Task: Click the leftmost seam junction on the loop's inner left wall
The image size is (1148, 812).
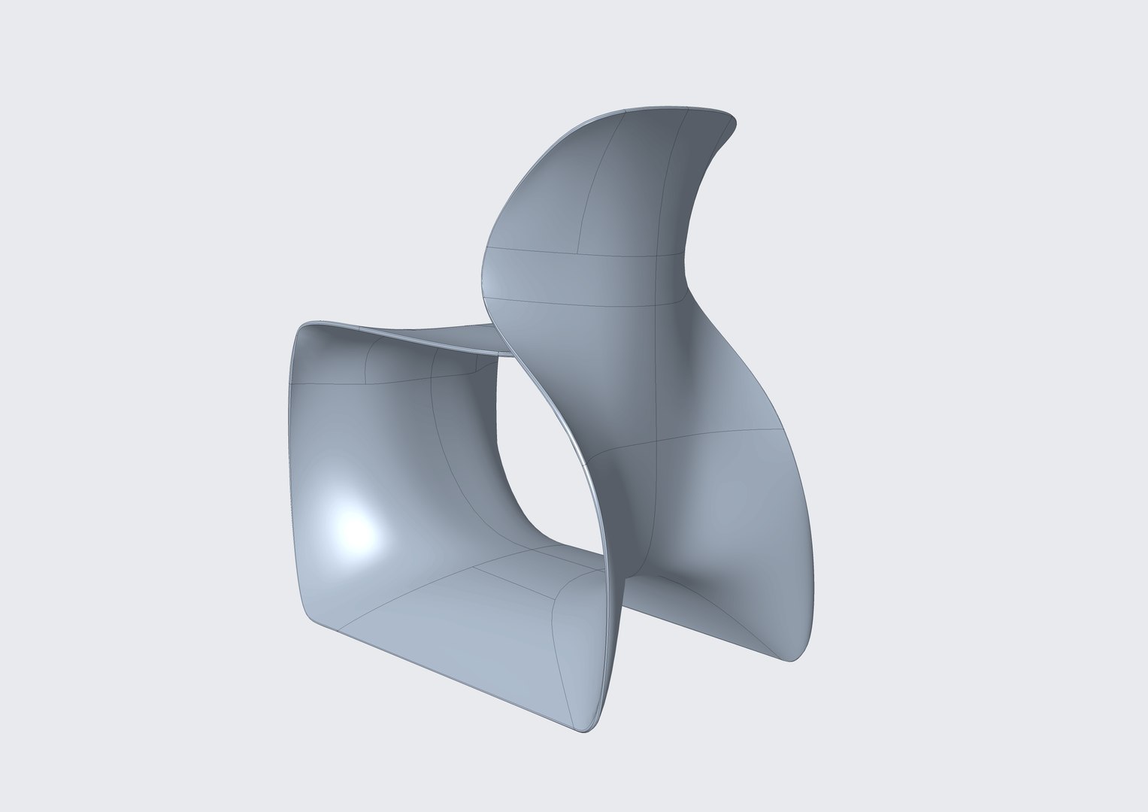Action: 295,383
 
